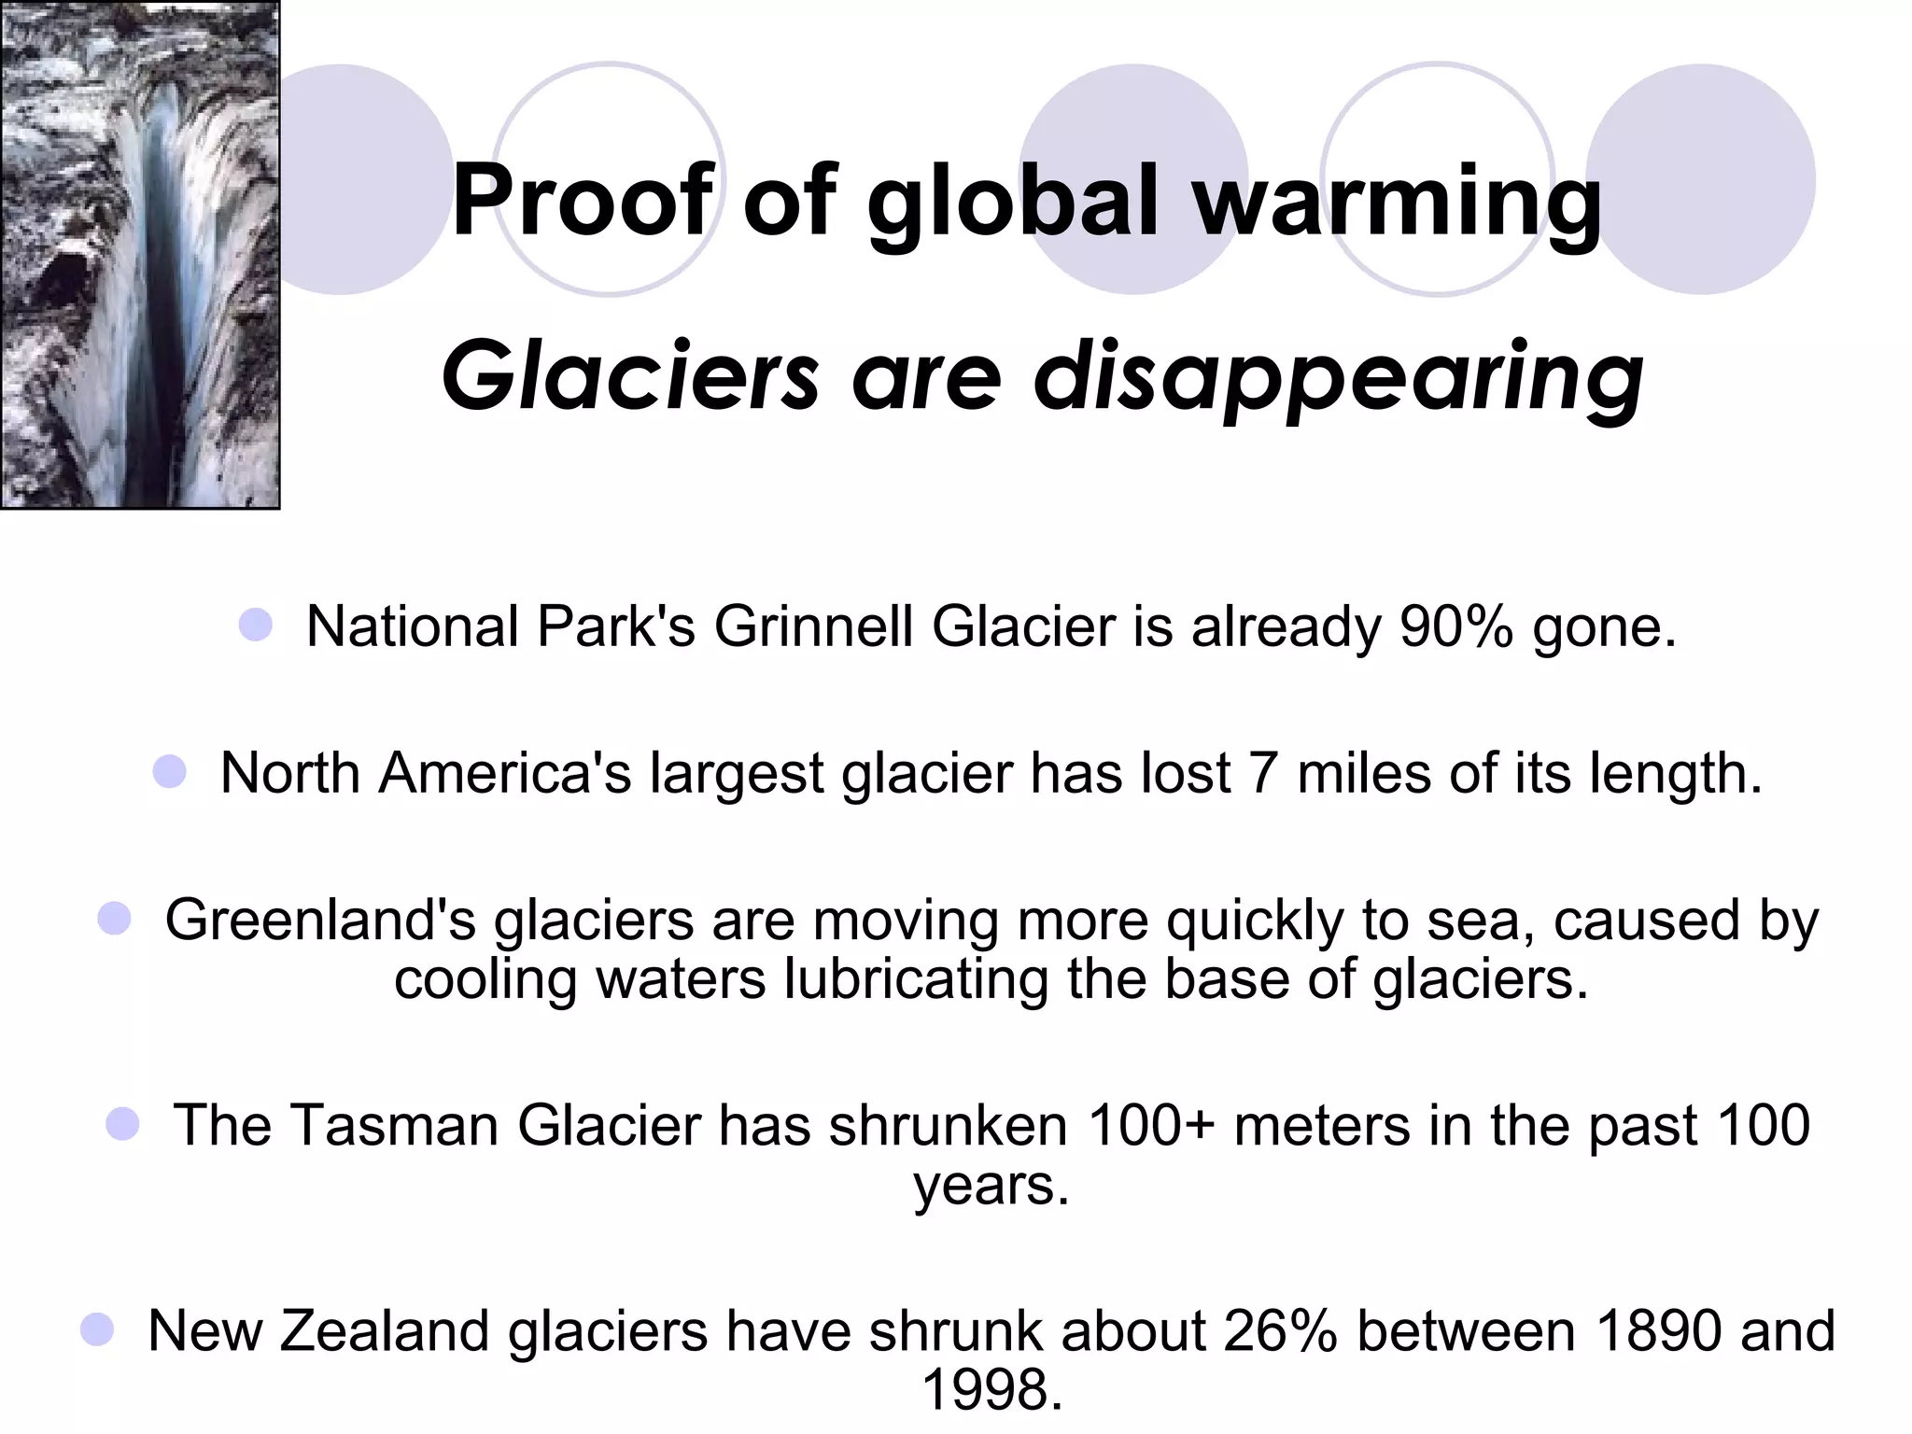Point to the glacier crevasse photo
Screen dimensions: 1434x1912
[140, 254]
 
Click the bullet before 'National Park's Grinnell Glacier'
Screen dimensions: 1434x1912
[255, 625]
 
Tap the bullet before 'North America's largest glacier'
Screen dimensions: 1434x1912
[169, 772]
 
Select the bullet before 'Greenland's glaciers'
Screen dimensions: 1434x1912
[114, 919]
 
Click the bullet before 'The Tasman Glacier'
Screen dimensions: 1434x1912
[122, 1124]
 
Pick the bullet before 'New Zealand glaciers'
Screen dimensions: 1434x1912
[96, 1329]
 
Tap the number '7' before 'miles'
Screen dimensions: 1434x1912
[1263, 773]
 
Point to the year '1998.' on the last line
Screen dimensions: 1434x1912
[991, 1389]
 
